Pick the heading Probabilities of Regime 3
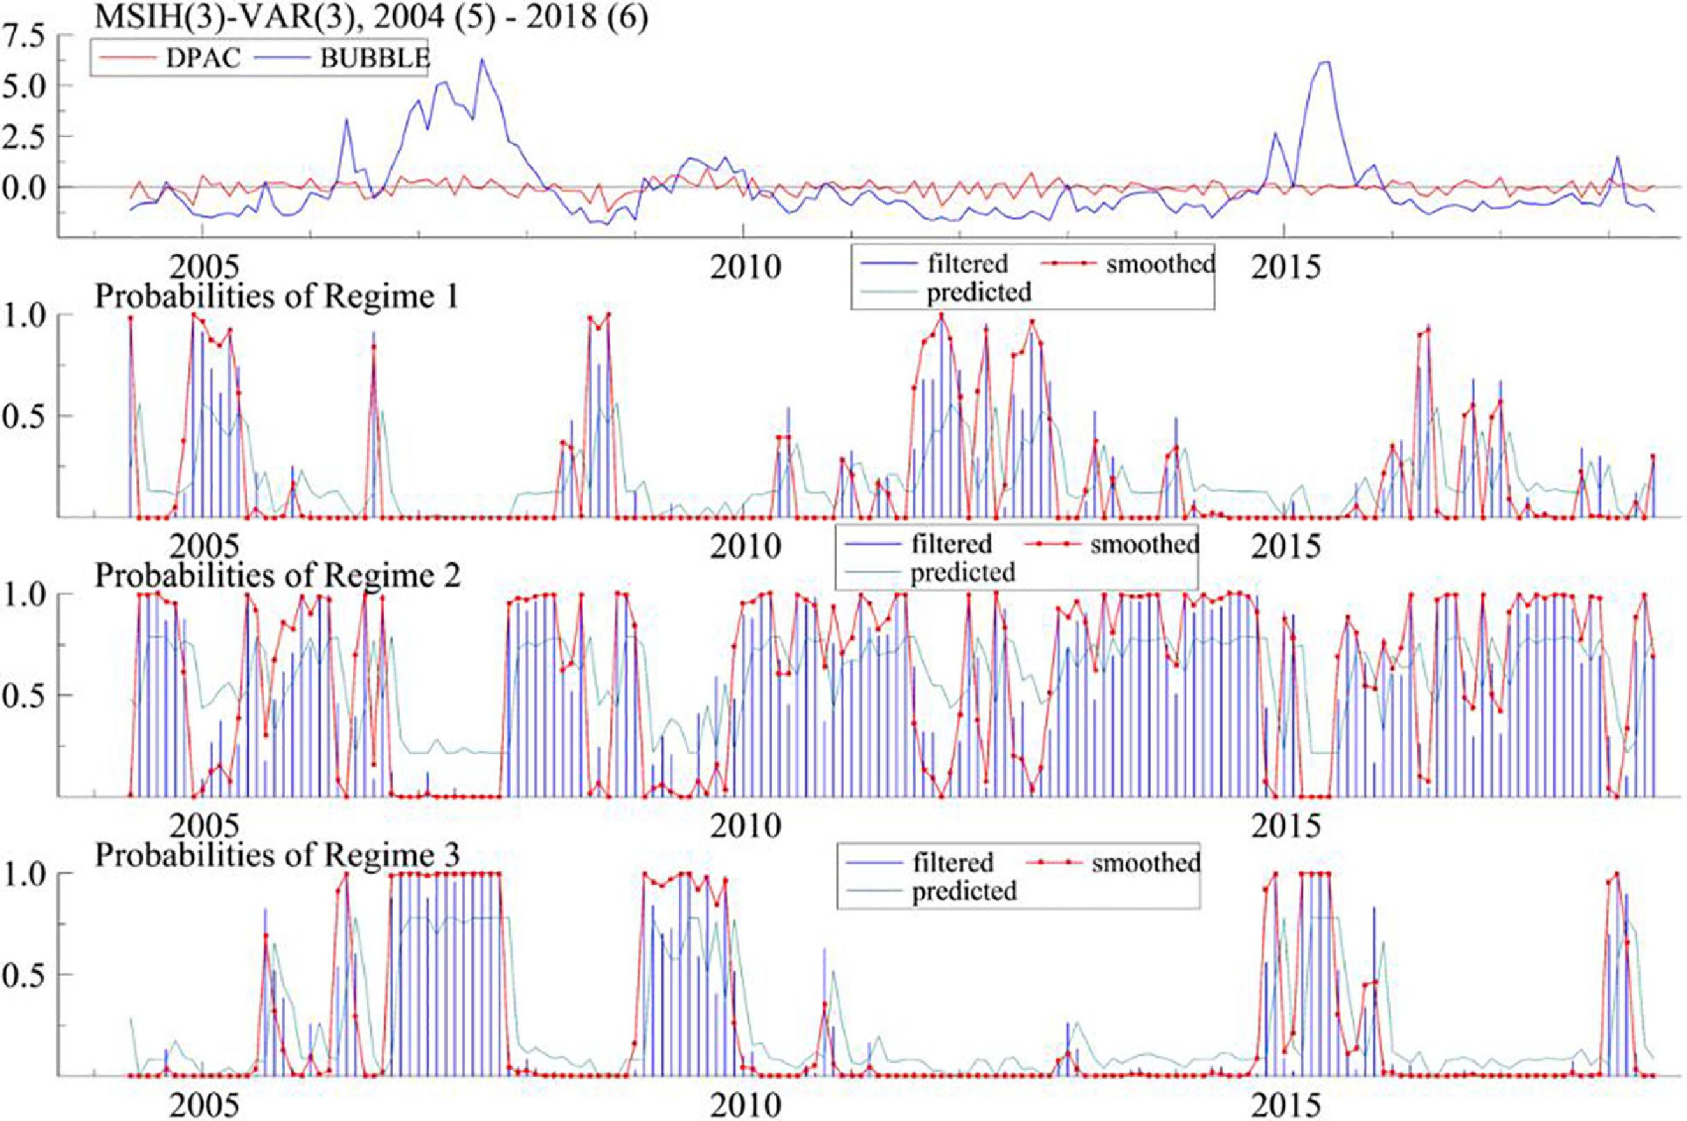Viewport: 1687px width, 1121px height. (x=276, y=854)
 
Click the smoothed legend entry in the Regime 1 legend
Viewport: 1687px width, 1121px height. (x=1159, y=264)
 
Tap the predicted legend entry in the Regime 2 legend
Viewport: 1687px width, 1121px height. (x=962, y=572)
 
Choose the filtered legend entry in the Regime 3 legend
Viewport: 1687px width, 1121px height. (x=953, y=862)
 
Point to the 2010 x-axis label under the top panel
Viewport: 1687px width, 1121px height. (x=744, y=268)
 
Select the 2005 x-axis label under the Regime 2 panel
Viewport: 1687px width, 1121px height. (x=203, y=826)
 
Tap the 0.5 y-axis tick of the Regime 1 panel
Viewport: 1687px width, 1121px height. (x=23, y=415)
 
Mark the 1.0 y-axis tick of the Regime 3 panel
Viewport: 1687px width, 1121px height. (x=23, y=874)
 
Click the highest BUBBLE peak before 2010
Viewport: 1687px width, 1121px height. (x=482, y=60)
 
